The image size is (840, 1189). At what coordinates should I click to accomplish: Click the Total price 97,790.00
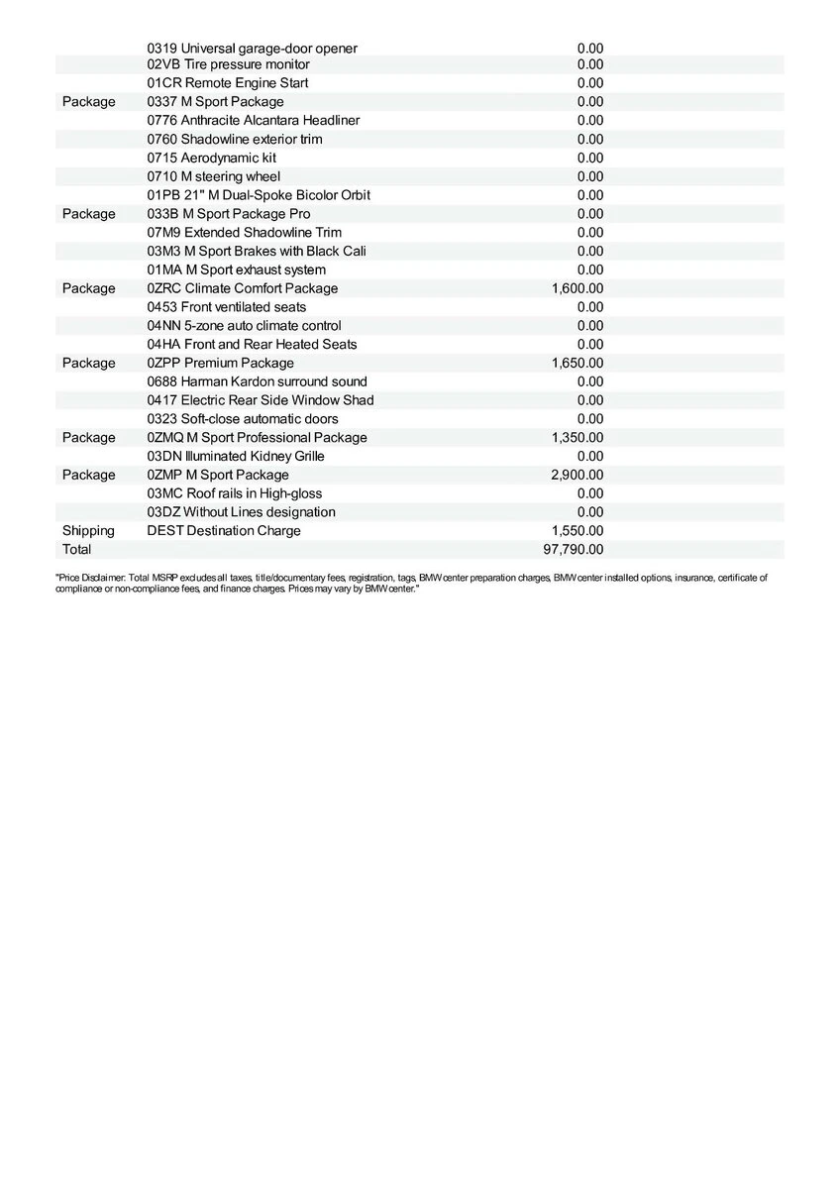(574, 549)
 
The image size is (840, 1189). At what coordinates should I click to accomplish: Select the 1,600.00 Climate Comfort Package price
(577, 288)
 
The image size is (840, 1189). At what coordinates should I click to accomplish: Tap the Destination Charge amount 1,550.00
(577, 531)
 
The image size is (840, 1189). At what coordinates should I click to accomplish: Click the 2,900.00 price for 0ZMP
(577, 475)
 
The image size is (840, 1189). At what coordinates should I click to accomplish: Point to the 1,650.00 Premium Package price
(577, 363)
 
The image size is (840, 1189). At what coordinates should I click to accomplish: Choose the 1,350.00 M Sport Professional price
(577, 438)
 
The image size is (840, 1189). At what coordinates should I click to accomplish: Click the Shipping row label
(88, 531)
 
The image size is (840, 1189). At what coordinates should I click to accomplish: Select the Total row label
(76, 549)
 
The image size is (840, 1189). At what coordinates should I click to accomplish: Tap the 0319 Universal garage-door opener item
(252, 48)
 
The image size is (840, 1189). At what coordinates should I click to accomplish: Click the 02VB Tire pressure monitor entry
(228, 64)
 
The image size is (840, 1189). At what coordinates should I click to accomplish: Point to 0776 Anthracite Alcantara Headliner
(253, 120)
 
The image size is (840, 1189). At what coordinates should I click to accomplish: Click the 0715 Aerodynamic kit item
(211, 158)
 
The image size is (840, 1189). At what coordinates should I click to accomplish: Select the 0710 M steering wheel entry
(213, 176)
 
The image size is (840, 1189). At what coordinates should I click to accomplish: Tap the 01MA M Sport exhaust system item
(236, 270)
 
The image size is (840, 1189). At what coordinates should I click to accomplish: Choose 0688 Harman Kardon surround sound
(257, 381)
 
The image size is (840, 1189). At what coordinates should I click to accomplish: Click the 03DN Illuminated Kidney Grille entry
(235, 456)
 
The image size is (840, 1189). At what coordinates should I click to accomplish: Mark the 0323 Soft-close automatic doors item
(242, 419)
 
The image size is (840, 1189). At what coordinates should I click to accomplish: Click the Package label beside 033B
(88, 214)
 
